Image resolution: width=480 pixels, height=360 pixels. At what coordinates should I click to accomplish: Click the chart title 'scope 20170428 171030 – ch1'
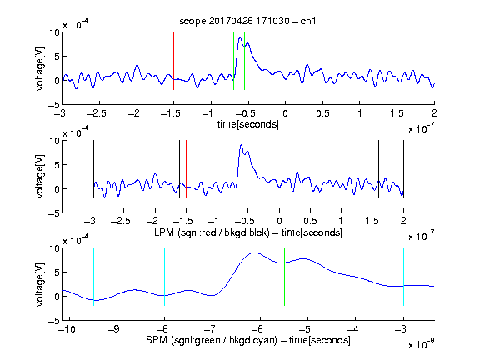pyautogui.click(x=247, y=21)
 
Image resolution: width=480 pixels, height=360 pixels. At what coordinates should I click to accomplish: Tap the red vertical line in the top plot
pyautogui.click(x=174, y=61)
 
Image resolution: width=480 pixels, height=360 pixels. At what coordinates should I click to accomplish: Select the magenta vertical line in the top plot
pyautogui.click(x=397, y=61)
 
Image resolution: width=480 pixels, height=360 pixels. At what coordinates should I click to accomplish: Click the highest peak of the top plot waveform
pyautogui.click(x=240, y=37)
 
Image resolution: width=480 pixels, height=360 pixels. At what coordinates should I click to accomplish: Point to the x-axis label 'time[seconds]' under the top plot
pyautogui.click(x=248, y=124)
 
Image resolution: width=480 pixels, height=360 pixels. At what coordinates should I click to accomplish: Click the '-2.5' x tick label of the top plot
pyautogui.click(x=97, y=113)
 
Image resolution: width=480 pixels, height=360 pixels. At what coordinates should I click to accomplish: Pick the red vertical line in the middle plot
pyautogui.click(x=186, y=169)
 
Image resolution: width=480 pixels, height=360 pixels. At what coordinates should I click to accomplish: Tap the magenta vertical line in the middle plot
pyautogui.click(x=372, y=169)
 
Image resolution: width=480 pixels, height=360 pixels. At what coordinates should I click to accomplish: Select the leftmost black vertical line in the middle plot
pyautogui.click(x=93, y=169)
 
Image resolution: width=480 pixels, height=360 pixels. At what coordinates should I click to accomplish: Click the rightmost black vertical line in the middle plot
pyautogui.click(x=403, y=169)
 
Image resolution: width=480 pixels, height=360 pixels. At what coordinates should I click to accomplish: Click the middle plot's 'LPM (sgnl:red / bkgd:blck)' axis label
pyautogui.click(x=212, y=232)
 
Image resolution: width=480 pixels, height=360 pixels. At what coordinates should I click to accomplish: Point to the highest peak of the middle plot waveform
pyautogui.click(x=241, y=145)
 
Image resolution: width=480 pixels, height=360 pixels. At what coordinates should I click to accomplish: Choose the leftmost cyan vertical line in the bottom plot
pyautogui.click(x=93, y=277)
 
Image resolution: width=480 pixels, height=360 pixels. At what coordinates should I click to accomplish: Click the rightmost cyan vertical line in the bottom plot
pyautogui.click(x=403, y=277)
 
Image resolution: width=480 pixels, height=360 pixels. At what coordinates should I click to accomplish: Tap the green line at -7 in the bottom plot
pyautogui.click(x=212, y=277)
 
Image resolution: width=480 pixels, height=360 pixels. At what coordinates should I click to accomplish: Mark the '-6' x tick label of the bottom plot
pyautogui.click(x=257, y=329)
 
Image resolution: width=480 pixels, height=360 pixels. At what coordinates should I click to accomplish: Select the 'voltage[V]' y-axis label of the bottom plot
pyautogui.click(x=40, y=284)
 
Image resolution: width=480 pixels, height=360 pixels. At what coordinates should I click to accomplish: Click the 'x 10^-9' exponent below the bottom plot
pyautogui.click(x=421, y=344)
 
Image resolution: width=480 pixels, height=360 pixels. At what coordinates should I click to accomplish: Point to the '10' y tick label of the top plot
pyautogui.click(x=54, y=32)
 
